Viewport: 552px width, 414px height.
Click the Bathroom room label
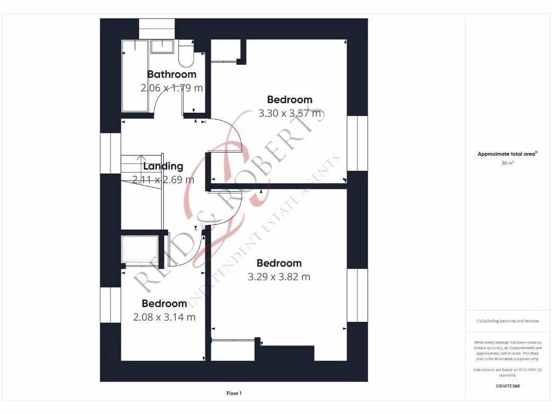171,74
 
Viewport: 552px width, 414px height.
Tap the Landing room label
163,167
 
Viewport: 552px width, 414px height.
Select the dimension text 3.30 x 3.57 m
289,114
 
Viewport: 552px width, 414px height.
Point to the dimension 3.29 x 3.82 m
279,277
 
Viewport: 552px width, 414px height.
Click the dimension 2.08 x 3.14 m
164,317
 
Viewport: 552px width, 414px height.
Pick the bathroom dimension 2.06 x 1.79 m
171,88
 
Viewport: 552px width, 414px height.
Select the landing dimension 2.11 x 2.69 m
163,180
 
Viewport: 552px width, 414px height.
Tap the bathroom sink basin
162,46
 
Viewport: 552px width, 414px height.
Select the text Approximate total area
507,154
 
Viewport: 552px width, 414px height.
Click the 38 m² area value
507,162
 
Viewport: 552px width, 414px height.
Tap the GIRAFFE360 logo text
507,386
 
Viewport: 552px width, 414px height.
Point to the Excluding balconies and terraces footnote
507,321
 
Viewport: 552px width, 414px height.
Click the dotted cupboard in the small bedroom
140,249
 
